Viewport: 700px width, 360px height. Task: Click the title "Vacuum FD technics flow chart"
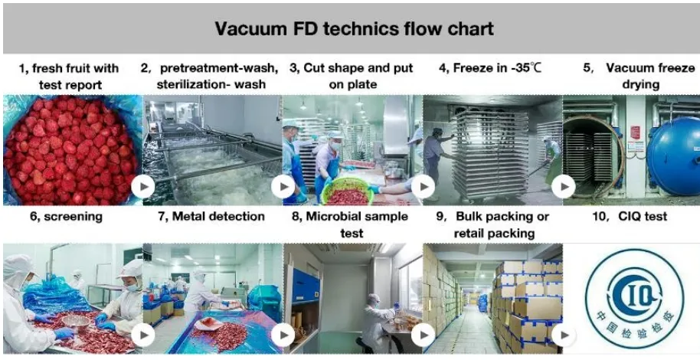354,29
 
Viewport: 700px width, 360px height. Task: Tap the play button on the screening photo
143,335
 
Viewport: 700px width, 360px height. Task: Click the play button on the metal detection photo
283,335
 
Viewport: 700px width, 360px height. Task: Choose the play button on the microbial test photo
424,335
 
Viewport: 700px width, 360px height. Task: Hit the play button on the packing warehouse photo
563,335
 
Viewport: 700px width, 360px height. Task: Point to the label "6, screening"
67,217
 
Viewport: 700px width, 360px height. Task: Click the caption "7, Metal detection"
211,217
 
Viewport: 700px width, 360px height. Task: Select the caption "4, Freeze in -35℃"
490,68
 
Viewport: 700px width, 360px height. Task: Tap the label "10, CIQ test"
630,217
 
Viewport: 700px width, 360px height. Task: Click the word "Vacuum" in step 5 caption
629,68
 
